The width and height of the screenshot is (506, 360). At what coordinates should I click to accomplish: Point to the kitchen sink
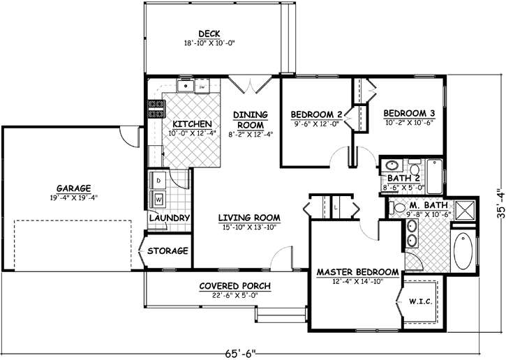pos(186,87)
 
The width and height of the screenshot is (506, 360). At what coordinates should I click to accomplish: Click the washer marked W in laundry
pos(158,199)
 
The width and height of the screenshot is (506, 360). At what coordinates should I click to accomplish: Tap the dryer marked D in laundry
pos(158,181)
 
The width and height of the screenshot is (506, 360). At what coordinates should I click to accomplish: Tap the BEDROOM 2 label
pos(315,114)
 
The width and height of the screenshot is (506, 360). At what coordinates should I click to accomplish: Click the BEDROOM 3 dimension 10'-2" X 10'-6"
pos(409,122)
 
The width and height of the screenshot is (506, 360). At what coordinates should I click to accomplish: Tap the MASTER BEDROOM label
pos(357,271)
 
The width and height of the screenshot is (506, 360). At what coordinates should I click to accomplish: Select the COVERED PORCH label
pos(235,286)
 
